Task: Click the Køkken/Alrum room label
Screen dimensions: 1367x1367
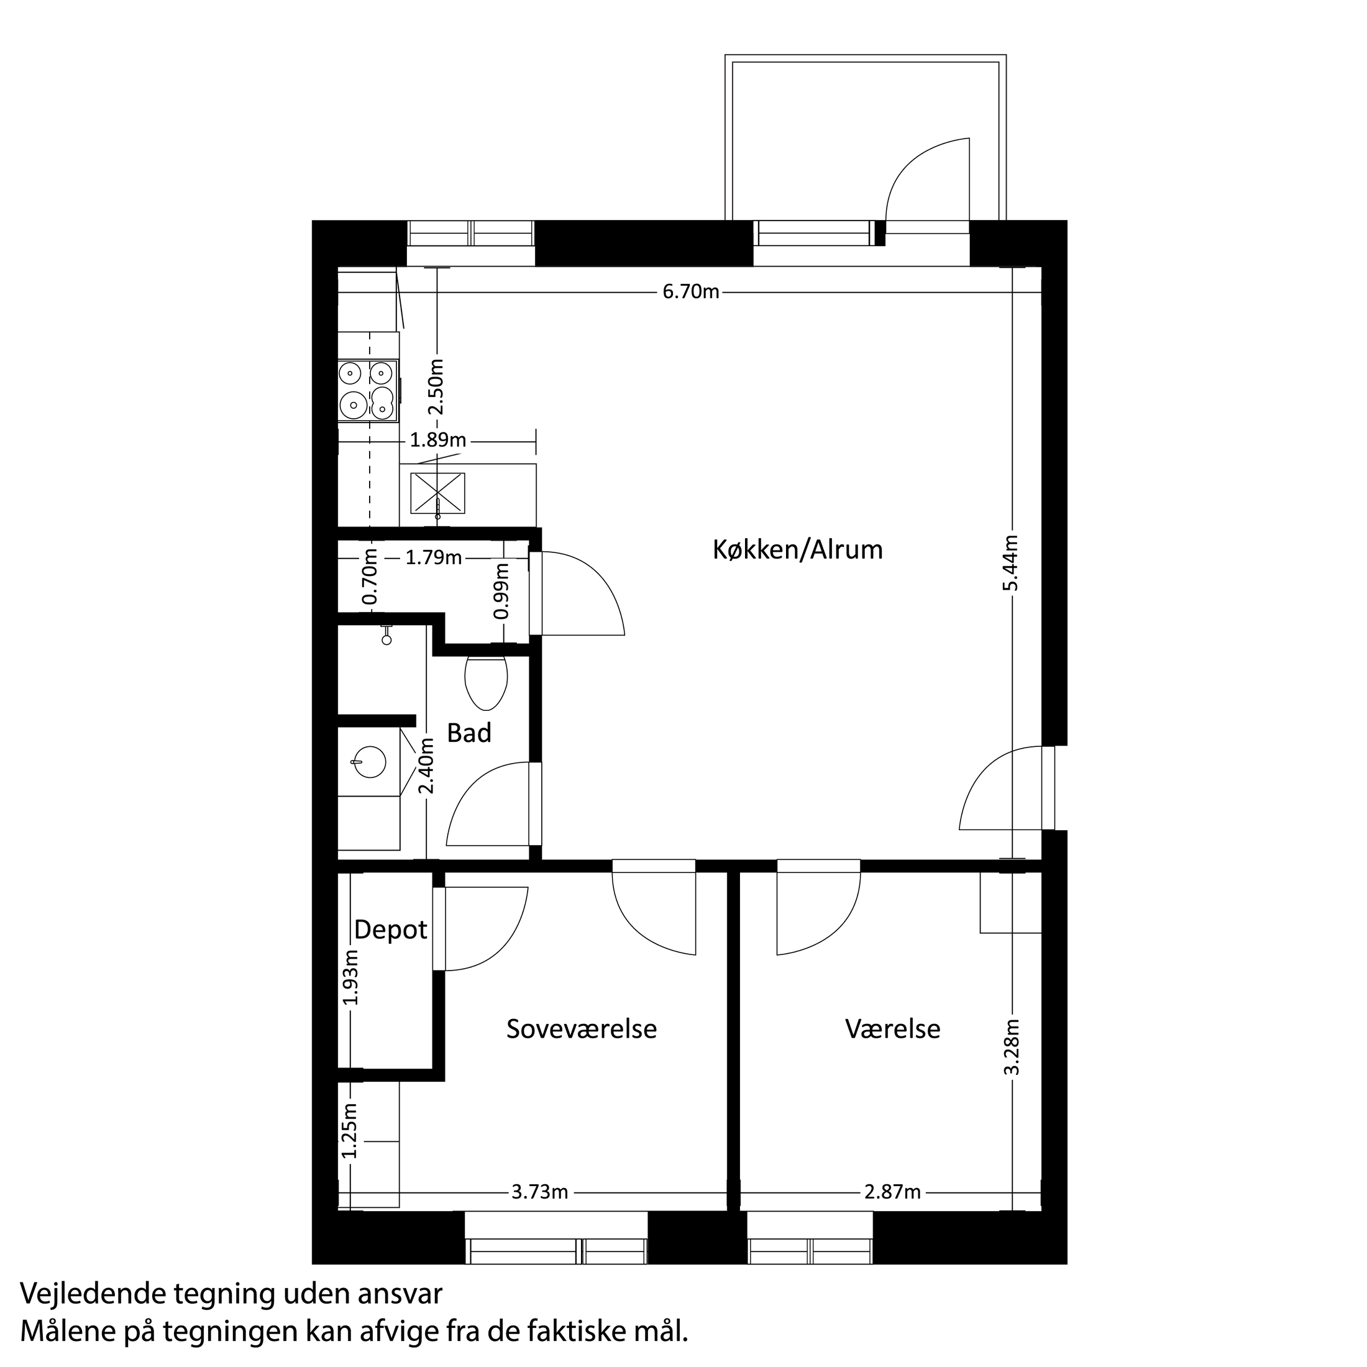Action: tap(797, 550)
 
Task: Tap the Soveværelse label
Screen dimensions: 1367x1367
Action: tap(581, 1029)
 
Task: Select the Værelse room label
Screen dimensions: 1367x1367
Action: tap(892, 1029)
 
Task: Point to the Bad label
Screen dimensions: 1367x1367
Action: tap(469, 733)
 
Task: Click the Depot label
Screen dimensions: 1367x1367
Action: tap(391, 930)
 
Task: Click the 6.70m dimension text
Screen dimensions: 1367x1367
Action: tap(690, 291)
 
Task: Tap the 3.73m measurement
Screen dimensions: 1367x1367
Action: tap(540, 1192)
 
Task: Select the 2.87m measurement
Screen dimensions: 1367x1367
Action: tap(892, 1192)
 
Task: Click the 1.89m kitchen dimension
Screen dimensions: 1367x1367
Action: tap(438, 440)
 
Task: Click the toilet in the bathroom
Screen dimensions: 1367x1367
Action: tap(486, 682)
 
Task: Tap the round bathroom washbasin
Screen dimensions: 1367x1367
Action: tap(368, 762)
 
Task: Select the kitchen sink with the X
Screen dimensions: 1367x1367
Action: tap(437, 493)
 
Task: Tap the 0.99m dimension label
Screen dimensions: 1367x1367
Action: tap(501, 591)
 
